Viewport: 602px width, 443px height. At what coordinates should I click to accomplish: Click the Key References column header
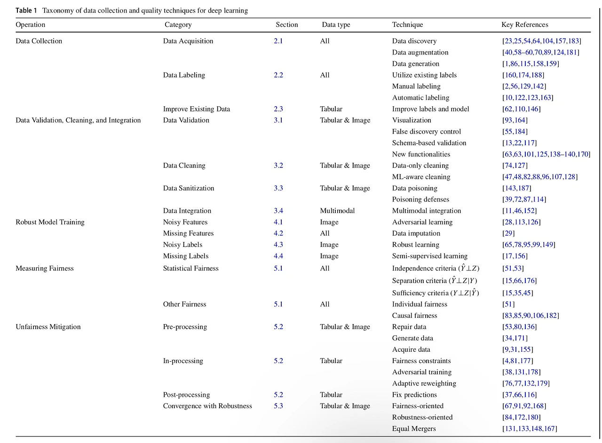(x=524, y=24)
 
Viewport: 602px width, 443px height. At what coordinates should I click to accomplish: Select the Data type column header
(x=336, y=24)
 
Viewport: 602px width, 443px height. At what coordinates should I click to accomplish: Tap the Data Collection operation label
(x=39, y=41)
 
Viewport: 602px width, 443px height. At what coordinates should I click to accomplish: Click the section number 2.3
(x=278, y=109)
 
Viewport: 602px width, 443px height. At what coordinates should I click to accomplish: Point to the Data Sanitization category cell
(x=188, y=188)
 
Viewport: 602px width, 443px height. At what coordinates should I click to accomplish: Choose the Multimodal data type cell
(x=337, y=211)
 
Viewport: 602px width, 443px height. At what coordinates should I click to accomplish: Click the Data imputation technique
(x=416, y=233)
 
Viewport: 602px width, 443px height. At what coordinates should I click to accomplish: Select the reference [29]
(x=508, y=233)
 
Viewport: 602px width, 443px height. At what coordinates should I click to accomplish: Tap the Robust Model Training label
(x=50, y=222)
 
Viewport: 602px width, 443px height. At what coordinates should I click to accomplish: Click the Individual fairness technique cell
(x=420, y=304)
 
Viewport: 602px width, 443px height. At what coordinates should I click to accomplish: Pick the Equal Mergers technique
(x=414, y=428)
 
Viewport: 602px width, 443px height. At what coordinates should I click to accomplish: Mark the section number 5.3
(x=278, y=406)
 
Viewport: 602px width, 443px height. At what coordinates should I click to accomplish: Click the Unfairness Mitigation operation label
(x=48, y=327)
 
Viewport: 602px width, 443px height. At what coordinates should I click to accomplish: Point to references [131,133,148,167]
(x=530, y=428)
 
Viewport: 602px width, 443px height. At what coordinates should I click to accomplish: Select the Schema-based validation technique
(x=429, y=143)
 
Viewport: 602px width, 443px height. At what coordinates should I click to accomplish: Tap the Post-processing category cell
(x=186, y=395)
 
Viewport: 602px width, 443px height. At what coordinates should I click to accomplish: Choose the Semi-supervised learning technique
(x=429, y=256)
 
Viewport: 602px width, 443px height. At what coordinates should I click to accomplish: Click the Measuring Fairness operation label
(x=45, y=269)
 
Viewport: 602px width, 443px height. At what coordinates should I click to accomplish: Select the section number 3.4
(x=278, y=211)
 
